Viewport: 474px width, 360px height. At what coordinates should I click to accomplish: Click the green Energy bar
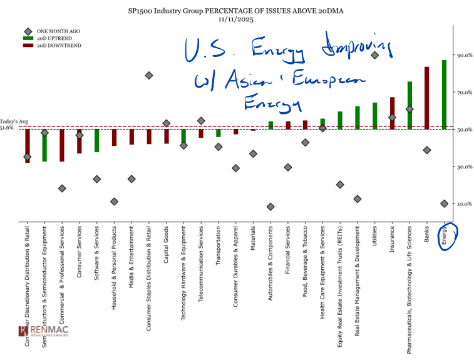click(x=444, y=95)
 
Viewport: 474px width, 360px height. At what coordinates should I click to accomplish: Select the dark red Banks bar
click(x=427, y=98)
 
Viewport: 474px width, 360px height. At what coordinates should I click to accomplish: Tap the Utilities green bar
click(x=374, y=116)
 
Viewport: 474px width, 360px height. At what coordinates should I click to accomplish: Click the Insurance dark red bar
click(x=392, y=113)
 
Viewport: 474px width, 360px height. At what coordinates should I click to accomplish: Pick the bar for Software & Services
click(x=97, y=140)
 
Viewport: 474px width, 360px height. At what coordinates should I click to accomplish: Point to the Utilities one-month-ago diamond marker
click(x=374, y=55)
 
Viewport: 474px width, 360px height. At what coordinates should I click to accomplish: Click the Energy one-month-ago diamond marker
click(x=444, y=203)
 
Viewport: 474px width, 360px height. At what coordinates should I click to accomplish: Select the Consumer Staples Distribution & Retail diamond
click(x=149, y=75)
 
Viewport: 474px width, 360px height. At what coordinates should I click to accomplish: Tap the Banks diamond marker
click(x=427, y=150)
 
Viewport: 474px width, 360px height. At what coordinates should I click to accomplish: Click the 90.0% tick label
click(x=464, y=56)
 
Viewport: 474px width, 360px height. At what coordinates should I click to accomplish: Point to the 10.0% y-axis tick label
click(x=464, y=204)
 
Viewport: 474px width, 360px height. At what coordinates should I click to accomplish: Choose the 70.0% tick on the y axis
click(x=464, y=93)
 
